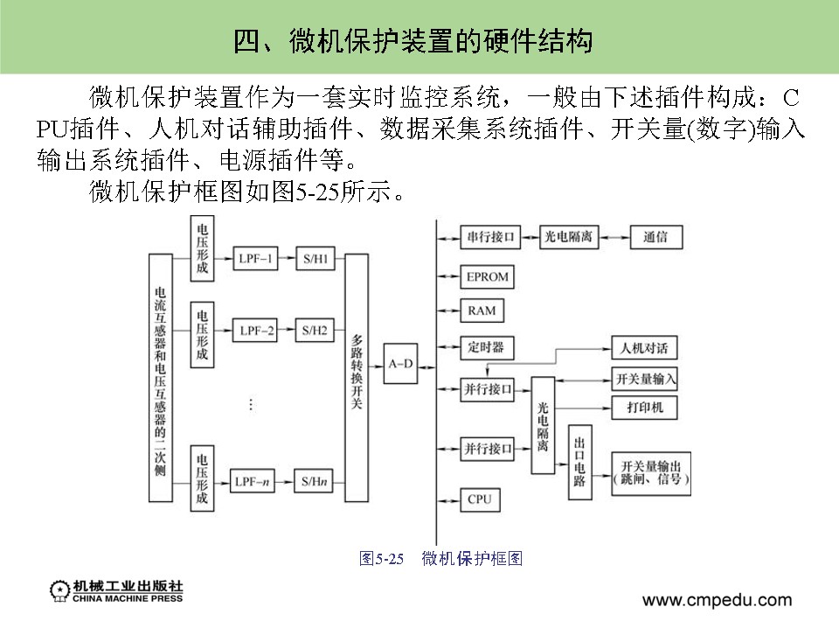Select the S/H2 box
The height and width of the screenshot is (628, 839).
pyautogui.click(x=315, y=331)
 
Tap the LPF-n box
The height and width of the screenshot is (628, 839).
pyautogui.click(x=255, y=481)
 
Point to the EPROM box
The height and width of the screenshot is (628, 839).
pyautogui.click(x=487, y=277)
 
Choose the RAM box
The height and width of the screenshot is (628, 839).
pyautogui.click(x=482, y=311)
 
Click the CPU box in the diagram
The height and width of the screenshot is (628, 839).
pyautogui.click(x=480, y=499)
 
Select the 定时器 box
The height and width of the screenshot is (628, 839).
pyautogui.click(x=486, y=347)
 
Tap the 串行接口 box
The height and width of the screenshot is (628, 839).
pyautogui.click(x=490, y=237)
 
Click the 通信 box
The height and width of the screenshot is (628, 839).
pyautogui.click(x=655, y=237)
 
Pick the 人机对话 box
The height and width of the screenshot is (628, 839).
pyautogui.click(x=644, y=348)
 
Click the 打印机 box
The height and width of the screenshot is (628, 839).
pyautogui.click(x=645, y=408)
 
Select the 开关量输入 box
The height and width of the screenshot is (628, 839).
pyautogui.click(x=645, y=378)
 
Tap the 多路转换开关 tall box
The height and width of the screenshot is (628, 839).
pyautogui.click(x=357, y=378)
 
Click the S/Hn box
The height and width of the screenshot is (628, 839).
pyautogui.click(x=315, y=481)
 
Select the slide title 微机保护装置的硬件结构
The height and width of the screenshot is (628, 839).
pyautogui.click(x=419, y=40)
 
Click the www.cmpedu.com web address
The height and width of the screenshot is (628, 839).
pyautogui.click(x=717, y=600)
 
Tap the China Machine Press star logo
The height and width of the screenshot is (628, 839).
pyautogui.click(x=60, y=590)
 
